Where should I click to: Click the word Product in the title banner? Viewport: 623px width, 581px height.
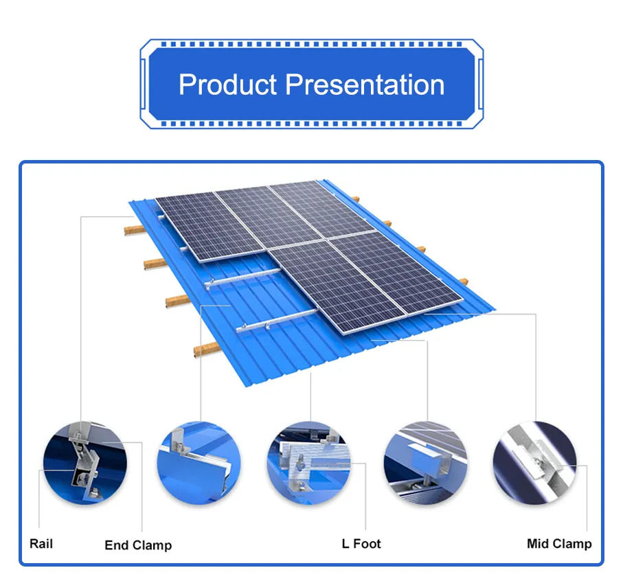coord(228,85)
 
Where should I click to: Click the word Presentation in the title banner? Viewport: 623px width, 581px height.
coord(365,85)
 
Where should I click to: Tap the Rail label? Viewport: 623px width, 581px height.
coord(41,544)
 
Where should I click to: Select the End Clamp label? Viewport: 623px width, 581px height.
coord(138,545)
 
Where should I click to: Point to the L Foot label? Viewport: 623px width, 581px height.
coord(361,544)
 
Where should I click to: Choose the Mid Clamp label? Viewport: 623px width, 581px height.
coord(558,544)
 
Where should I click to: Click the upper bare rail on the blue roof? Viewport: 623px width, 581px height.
coord(244,277)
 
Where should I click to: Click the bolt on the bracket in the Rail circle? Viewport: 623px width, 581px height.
coord(80,474)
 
